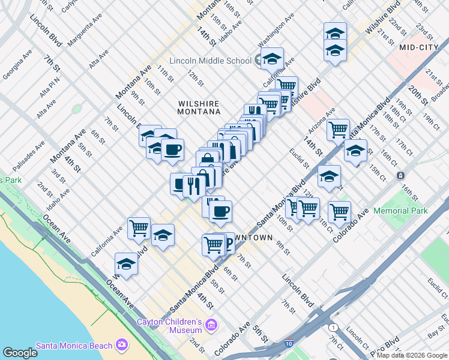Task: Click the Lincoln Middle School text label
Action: (210, 61)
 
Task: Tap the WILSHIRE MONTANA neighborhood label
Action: (199, 107)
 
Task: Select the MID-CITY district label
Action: (415, 46)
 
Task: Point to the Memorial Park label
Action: (400, 211)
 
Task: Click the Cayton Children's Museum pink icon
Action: (210, 325)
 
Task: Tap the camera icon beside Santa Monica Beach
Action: (122, 344)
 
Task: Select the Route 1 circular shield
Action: (332, 327)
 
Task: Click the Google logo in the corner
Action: (20, 353)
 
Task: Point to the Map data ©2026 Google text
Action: (412, 355)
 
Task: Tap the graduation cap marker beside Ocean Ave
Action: (126, 263)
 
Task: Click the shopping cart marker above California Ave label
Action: (139, 227)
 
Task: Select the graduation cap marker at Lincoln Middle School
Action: (272, 58)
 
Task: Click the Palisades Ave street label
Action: (31, 154)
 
